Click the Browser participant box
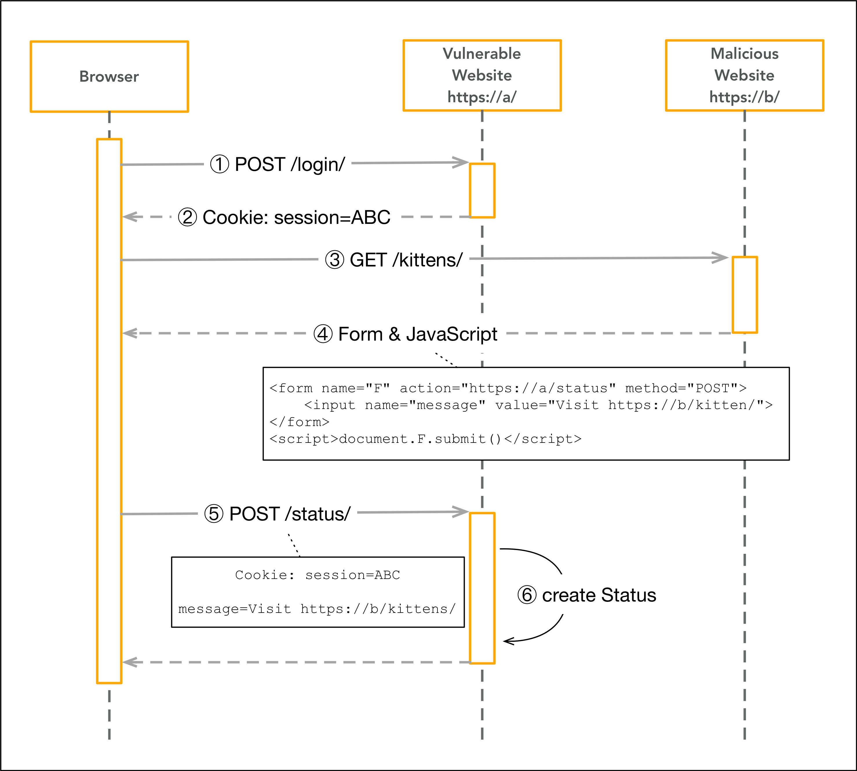pyautogui.click(x=109, y=77)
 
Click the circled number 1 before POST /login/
pyautogui.click(x=220, y=165)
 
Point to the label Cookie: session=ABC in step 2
pyautogui.click(x=296, y=217)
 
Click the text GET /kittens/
pyautogui.click(x=406, y=260)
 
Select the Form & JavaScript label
pyautogui.click(x=417, y=334)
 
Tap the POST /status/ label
pyautogui.click(x=290, y=514)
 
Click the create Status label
pyautogui.click(x=599, y=595)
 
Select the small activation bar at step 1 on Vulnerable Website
pyautogui.click(x=482, y=190)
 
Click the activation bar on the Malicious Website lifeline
pyautogui.click(x=744, y=295)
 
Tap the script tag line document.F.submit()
pyautogui.click(x=425, y=439)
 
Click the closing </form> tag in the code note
pyautogui.click(x=299, y=422)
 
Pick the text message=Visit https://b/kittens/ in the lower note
pyautogui.click(x=317, y=609)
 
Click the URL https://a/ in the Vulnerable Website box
pyautogui.click(x=482, y=97)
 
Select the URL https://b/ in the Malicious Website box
pyautogui.click(x=744, y=97)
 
